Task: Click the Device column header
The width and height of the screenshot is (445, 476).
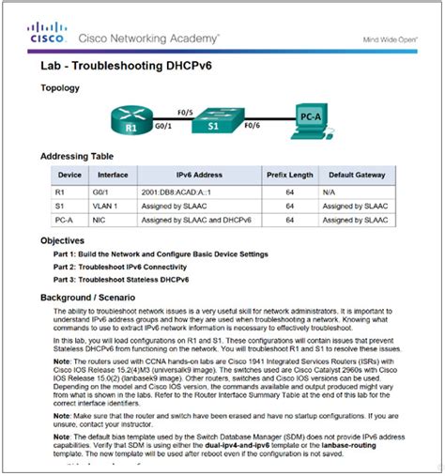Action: pyautogui.click(x=69, y=175)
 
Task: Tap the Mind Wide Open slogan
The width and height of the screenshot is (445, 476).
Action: pyautogui.click(x=390, y=39)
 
